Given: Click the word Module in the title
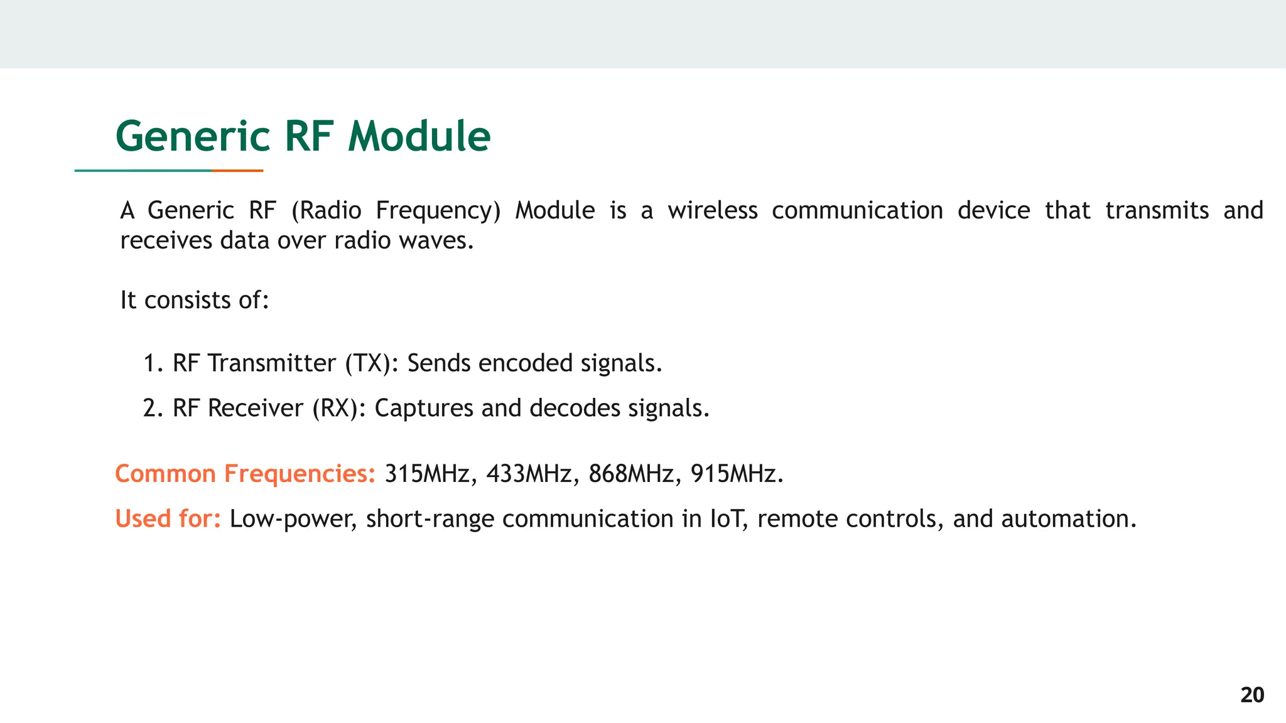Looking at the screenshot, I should (419, 137).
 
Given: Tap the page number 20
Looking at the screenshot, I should (1252, 695).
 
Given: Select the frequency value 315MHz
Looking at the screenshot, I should (427, 474).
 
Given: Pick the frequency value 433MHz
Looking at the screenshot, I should (529, 474).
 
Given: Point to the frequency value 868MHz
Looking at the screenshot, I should (631, 474).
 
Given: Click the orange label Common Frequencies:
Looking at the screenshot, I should (245, 474).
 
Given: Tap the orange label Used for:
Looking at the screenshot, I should (168, 519).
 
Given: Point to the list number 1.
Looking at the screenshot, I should (151, 363).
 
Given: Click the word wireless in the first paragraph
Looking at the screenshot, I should (712, 210).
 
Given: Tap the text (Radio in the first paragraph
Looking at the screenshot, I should (327, 210).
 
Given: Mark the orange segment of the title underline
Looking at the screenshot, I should (237, 170).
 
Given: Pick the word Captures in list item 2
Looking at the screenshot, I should (423, 409).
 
